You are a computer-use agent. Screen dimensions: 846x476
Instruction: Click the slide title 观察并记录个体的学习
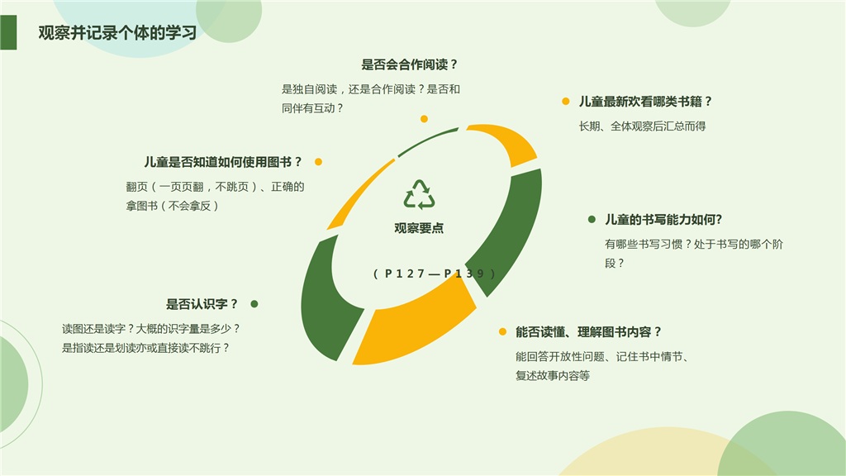tap(117, 33)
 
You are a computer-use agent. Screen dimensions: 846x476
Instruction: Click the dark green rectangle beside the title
tap(8, 32)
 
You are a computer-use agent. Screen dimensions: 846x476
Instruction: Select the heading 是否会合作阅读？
tap(410, 64)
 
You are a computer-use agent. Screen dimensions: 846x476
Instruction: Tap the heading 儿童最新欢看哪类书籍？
tap(646, 102)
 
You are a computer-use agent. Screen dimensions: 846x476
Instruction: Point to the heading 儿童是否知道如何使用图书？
tap(223, 162)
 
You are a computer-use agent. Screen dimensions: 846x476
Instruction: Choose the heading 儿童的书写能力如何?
tap(663, 220)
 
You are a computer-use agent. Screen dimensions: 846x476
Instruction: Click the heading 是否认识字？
tap(202, 304)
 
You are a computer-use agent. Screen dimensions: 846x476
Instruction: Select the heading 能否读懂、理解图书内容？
tap(588, 332)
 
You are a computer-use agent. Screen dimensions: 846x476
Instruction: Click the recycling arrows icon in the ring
tap(419, 194)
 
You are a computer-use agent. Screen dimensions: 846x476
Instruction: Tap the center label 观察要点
tap(419, 228)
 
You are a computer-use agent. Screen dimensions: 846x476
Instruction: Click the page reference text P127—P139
tap(435, 274)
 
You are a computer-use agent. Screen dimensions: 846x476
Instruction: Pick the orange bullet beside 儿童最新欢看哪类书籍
tap(565, 102)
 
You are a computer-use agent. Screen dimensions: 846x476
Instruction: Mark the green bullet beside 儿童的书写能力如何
tap(592, 219)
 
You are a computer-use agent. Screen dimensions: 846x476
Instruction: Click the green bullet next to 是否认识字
tap(254, 304)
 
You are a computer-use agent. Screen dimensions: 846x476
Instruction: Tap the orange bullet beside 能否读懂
tap(502, 332)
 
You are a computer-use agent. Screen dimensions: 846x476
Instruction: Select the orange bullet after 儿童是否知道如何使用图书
tap(318, 162)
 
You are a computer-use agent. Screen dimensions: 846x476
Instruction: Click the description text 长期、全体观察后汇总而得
tap(642, 126)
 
